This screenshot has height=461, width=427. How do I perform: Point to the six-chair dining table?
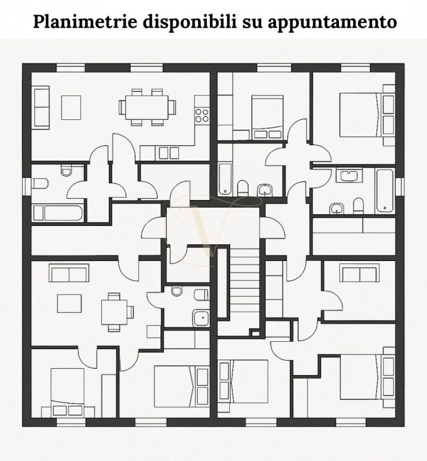[x=147, y=107]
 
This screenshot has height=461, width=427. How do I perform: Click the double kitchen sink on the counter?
[x=167, y=153]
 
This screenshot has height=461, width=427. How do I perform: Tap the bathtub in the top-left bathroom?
[x=58, y=212]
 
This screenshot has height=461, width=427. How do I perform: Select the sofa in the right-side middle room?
[x=358, y=273]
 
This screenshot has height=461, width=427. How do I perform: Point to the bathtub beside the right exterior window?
[x=384, y=190]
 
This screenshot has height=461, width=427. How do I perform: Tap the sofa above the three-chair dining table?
[x=69, y=272]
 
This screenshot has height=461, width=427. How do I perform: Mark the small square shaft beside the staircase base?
[x=254, y=332]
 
